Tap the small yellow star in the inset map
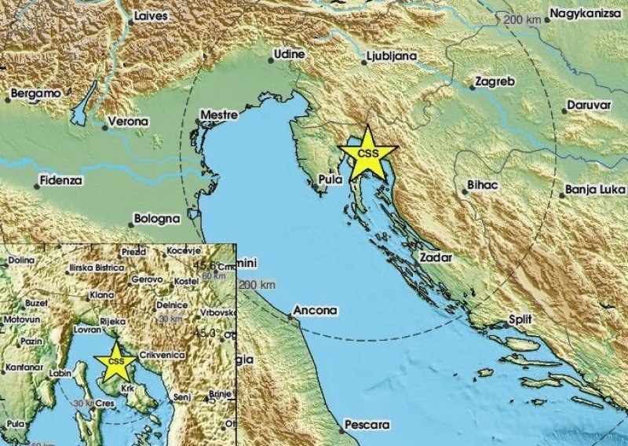[116, 361]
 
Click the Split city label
[520, 320]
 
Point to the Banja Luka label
[595, 190]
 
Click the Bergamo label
[35, 93]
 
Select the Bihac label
[481, 183]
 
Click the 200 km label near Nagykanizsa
[524, 19]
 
